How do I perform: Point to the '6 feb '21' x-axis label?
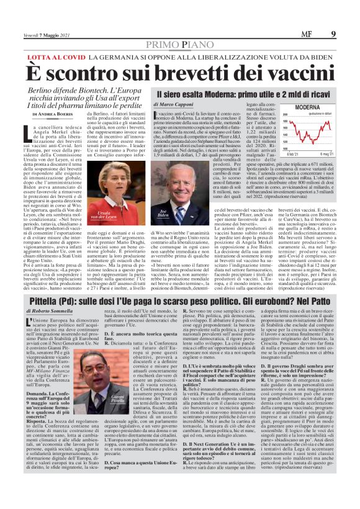coord(286,153)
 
